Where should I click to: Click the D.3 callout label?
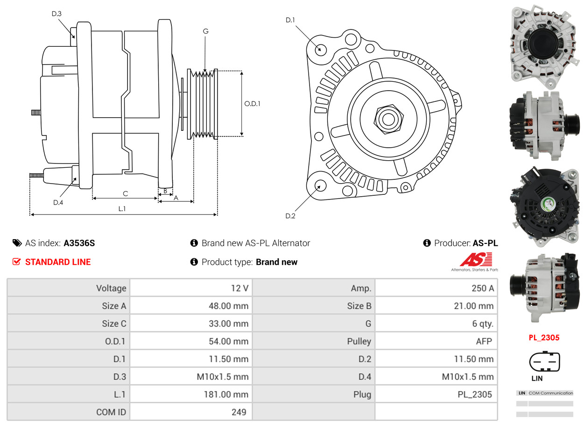(56, 14)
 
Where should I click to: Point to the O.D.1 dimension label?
(252, 104)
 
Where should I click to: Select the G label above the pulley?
(205, 31)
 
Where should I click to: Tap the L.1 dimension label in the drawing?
(122, 209)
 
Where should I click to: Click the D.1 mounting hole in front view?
(320, 49)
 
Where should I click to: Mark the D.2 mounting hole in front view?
(320, 185)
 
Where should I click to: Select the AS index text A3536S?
(79, 243)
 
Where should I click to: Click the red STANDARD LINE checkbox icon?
(17, 262)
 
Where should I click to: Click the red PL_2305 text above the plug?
(544, 337)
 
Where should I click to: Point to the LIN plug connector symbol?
(544, 362)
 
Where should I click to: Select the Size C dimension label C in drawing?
(125, 193)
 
